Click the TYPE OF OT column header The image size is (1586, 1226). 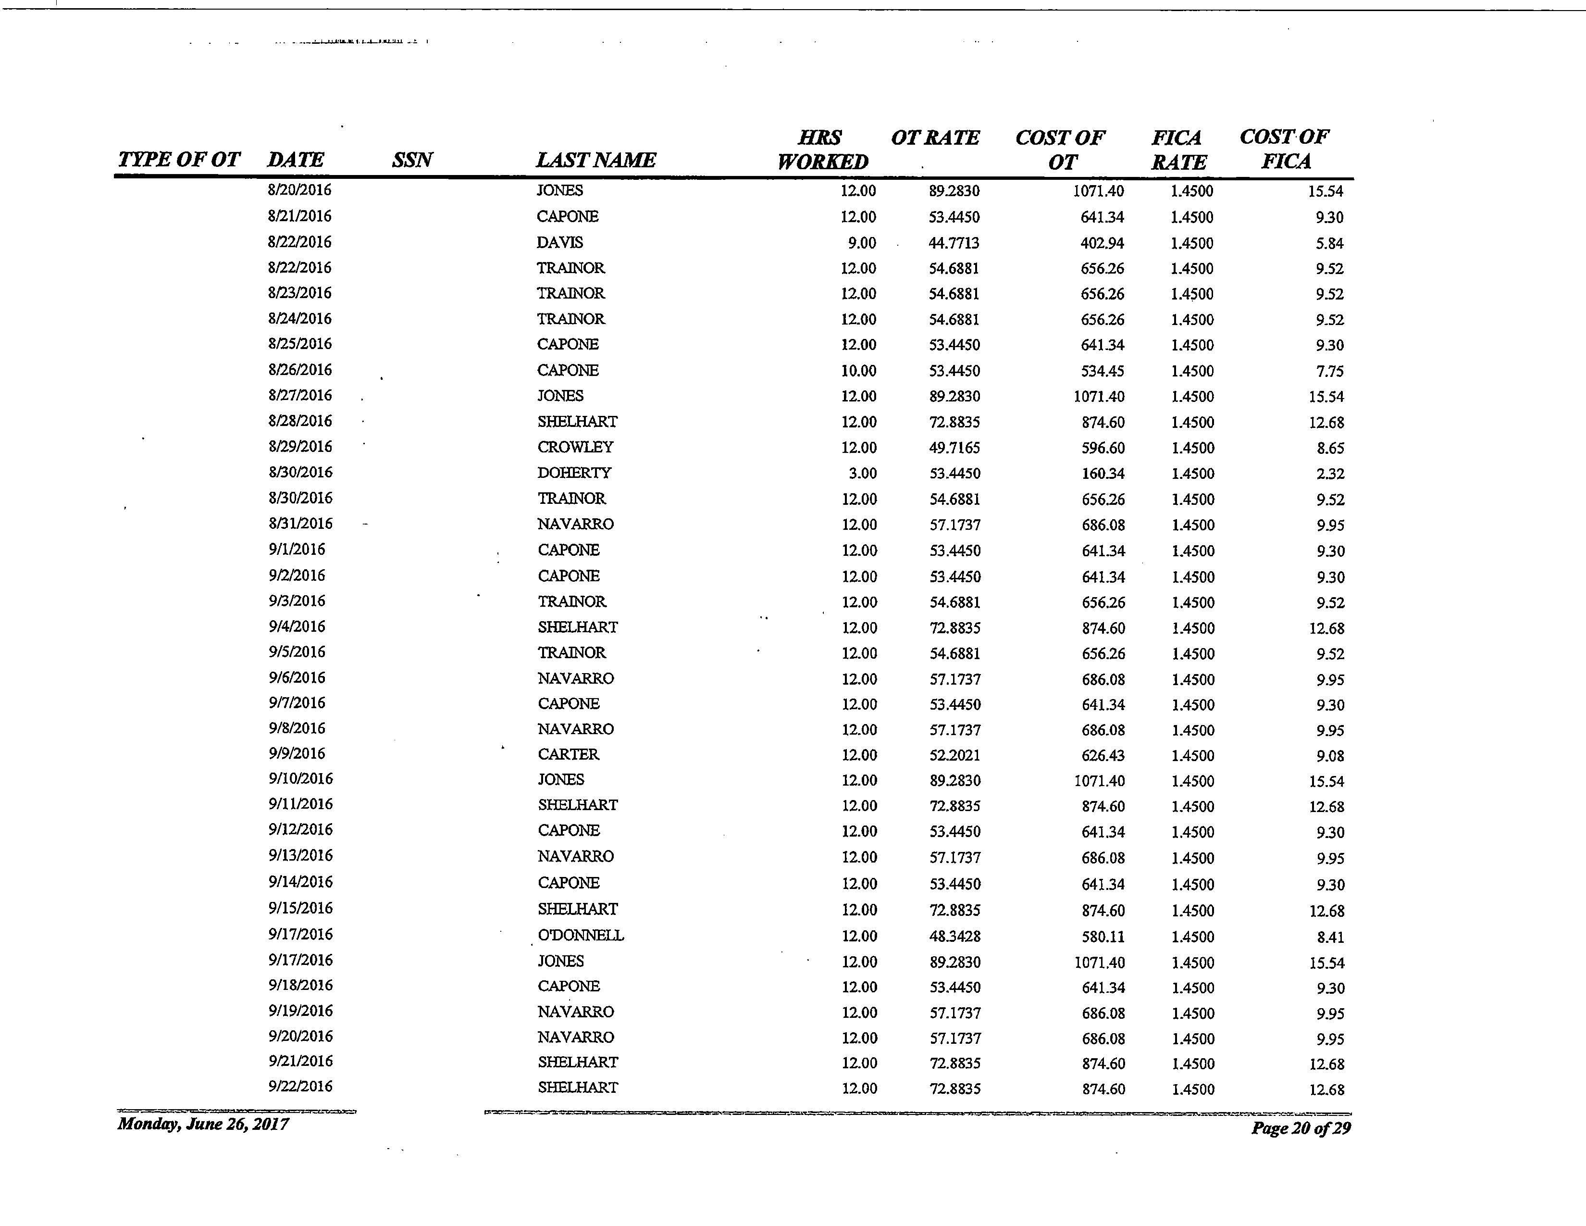pos(179,159)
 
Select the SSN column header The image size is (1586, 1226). pos(412,159)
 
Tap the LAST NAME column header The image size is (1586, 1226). pos(595,159)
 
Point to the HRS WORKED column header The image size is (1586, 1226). pos(822,150)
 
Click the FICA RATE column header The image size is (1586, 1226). pos(1178,150)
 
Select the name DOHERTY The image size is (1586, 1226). pos(574,473)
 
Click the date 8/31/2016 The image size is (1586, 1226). pos(300,524)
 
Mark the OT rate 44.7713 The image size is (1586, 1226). pos(954,243)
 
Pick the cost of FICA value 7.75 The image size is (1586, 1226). pos(1330,371)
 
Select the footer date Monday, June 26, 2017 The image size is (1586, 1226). pos(203,1125)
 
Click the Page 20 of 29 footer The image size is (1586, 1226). pos(1300,1128)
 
